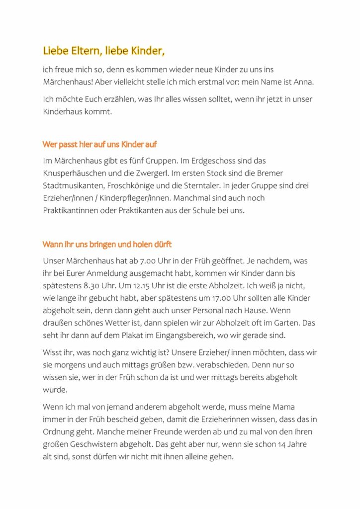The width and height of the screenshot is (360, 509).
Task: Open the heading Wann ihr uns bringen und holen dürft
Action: tap(107, 245)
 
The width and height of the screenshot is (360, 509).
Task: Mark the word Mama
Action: tap(283, 407)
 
